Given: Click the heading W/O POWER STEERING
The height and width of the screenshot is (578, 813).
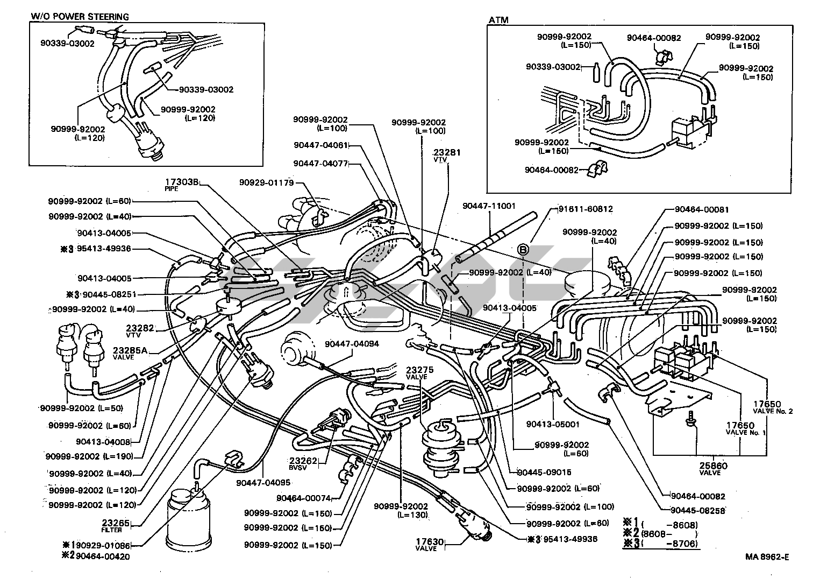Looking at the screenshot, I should coord(80,17).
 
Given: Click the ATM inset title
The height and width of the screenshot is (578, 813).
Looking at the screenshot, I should coord(498,20).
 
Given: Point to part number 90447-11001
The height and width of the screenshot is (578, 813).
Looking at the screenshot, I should coord(489,206).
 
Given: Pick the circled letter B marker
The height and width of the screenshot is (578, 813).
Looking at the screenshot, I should coord(523,249).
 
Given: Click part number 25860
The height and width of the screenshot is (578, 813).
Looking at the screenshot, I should coord(714,466).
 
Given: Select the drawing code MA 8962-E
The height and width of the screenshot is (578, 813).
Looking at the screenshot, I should coord(767,557).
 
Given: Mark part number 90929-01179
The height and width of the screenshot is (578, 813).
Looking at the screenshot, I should coord(266,182).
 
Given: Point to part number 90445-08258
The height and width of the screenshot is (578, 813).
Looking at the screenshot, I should coord(697,510).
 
